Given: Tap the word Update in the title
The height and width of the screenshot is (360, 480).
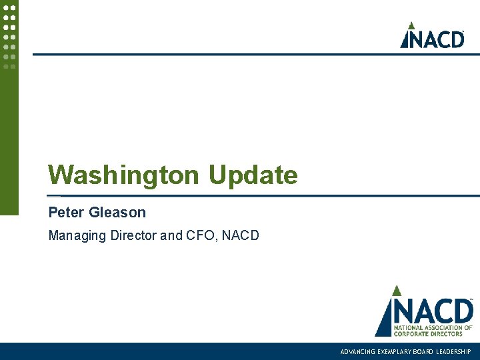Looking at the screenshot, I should point(253,176).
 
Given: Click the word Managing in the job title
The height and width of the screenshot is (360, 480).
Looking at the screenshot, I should point(75,235).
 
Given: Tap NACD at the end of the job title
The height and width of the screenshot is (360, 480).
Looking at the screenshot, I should point(241,235).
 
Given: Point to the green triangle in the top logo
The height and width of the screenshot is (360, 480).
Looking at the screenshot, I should point(412,26).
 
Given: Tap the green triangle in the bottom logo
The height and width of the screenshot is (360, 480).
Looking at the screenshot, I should point(396,291).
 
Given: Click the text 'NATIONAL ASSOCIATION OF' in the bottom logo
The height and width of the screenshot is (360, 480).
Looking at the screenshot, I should point(432,327).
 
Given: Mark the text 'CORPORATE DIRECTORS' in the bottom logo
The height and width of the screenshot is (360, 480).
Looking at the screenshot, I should point(428,333).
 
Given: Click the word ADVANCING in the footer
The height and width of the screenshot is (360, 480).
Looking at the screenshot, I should point(357,351).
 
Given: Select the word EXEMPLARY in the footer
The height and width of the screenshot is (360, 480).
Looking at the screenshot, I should point(394,351).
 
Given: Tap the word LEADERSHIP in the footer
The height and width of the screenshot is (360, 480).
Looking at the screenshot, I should point(454,351).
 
